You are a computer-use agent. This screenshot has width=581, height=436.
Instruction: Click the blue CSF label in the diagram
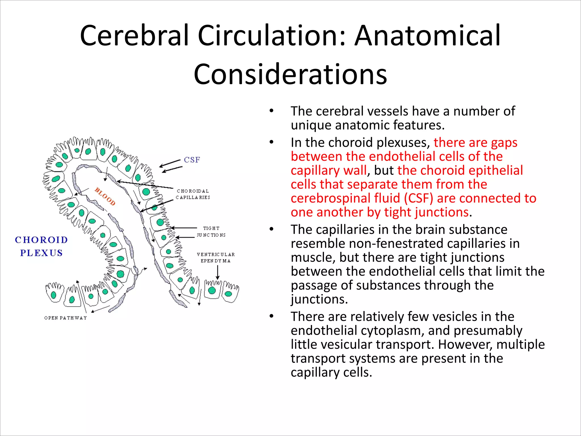tap(192, 160)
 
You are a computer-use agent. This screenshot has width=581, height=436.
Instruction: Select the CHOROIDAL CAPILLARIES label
tap(193, 194)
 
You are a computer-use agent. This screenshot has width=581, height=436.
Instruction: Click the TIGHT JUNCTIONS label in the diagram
tap(211, 232)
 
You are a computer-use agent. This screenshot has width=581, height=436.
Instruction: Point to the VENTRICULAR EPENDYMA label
tap(216, 257)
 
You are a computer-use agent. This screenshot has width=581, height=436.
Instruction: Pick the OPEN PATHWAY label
tap(66, 318)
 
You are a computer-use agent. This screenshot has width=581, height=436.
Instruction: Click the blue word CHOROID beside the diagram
tap(41, 240)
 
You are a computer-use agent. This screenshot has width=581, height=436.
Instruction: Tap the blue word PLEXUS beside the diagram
tap(41, 253)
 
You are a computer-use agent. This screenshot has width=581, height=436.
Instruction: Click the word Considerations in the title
tap(290, 74)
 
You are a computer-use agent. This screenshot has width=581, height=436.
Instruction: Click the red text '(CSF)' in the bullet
tap(418, 198)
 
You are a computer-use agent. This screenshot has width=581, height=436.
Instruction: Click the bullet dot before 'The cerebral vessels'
tap(271, 111)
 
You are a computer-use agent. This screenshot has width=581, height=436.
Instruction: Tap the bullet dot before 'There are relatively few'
tap(271, 316)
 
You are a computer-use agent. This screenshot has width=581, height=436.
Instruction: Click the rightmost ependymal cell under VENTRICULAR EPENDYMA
tap(230, 292)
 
